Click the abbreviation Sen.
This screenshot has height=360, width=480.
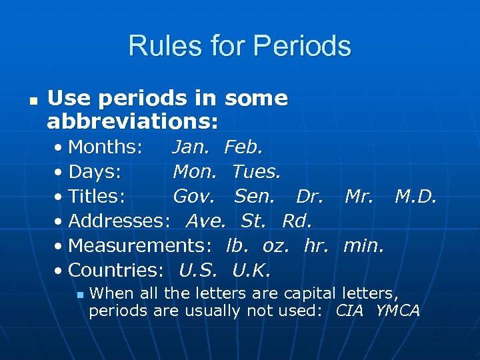[x=254, y=196]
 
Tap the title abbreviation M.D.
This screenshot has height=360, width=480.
[x=416, y=196]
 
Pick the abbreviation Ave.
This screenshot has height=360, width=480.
[x=206, y=221]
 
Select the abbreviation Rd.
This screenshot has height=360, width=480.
[x=297, y=221]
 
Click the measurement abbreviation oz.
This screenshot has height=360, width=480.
[x=276, y=245]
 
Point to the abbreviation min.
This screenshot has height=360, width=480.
[x=363, y=245]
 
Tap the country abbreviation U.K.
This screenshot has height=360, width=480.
[x=252, y=270]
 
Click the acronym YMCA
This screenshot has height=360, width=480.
[x=398, y=310]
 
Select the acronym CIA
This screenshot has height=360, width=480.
[x=350, y=310]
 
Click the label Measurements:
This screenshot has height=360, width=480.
[x=140, y=245]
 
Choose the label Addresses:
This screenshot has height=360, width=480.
[x=119, y=221]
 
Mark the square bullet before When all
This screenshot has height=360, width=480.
[x=80, y=293]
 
